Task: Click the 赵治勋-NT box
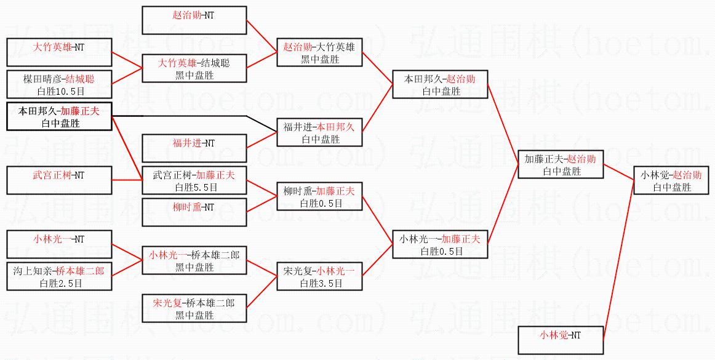(194, 20)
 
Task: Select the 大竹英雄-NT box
(59, 52)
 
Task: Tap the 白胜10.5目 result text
(59, 90)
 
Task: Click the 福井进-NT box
(194, 148)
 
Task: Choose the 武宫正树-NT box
(59, 180)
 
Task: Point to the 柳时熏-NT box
(194, 212)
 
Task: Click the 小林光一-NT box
(59, 244)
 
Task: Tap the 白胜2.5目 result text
(59, 283)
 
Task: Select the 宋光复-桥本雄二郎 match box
(194, 308)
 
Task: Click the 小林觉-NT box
(560, 340)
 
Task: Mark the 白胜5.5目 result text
(194, 187)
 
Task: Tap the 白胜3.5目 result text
(321, 283)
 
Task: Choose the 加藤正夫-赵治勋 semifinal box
(560, 164)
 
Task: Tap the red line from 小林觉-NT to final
(618, 258)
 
